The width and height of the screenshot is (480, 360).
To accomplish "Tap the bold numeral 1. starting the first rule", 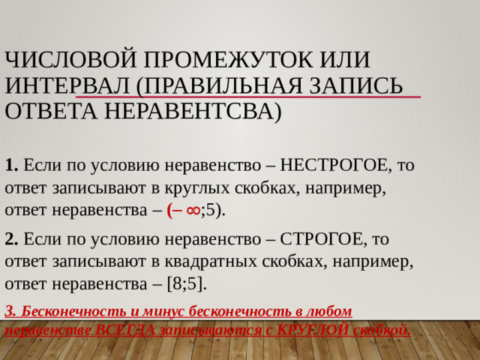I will tap(11, 163).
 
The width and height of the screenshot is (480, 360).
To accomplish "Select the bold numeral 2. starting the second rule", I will tap(11, 240).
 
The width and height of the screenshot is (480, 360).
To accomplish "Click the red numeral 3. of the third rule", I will tap(10, 310).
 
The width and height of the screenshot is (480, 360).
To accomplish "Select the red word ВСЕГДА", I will tap(130, 329).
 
